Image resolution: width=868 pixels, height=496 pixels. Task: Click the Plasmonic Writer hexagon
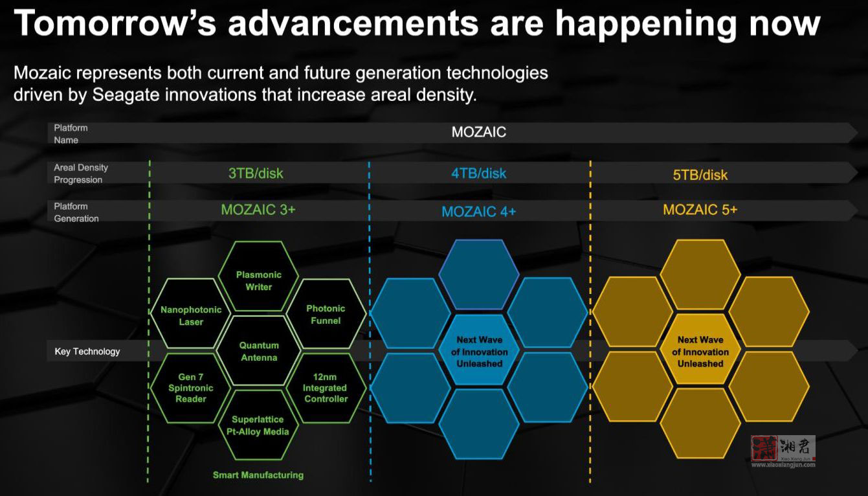[258, 276]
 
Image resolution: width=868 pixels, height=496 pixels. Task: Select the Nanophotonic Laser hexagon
[191, 313]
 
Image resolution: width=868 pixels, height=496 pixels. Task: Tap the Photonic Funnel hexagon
[326, 313]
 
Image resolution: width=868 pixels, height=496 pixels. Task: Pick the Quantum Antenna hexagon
[258, 351]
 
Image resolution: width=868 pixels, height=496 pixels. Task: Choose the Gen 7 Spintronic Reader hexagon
[191, 388]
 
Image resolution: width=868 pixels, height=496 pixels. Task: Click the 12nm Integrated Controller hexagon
[326, 388]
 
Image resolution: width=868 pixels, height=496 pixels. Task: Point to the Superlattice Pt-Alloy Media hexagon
[258, 425]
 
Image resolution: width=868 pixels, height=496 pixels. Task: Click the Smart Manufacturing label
[258, 475]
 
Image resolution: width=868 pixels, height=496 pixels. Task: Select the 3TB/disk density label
[256, 174]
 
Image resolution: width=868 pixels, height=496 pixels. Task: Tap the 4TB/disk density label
[478, 174]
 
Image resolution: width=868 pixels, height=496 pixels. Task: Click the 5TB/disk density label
[700, 175]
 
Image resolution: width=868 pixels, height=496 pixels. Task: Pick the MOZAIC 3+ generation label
[258, 210]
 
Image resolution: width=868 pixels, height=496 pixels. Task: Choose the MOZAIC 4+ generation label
[478, 212]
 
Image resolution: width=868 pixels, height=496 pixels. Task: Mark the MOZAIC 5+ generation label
[700, 210]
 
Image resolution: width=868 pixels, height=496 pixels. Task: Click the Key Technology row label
[87, 352]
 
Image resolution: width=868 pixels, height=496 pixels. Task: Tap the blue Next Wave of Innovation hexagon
[480, 350]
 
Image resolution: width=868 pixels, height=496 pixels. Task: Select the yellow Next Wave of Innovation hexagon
[700, 350]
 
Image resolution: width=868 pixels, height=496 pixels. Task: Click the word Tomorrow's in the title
[115, 23]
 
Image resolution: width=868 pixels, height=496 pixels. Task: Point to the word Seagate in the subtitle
[126, 95]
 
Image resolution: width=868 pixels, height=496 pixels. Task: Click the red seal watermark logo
[764, 448]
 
